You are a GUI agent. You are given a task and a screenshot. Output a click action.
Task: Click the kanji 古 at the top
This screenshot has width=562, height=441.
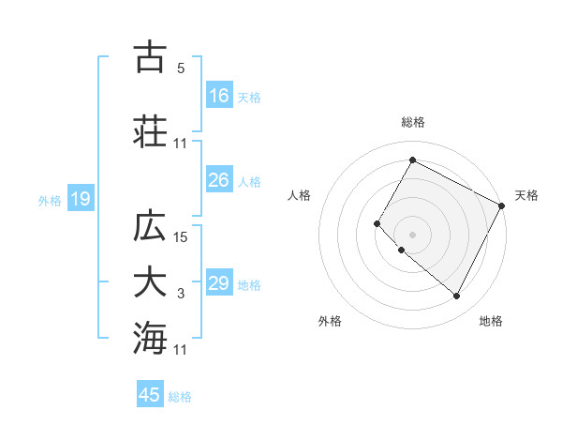tap(150, 57)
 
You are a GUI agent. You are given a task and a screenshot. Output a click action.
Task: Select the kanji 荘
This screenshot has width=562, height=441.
tap(150, 131)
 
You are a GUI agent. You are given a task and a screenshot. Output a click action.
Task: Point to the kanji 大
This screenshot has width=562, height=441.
tap(150, 282)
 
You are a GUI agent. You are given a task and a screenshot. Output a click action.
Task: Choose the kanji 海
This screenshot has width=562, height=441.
tap(150, 338)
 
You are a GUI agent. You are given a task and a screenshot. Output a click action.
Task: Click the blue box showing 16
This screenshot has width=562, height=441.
tap(219, 95)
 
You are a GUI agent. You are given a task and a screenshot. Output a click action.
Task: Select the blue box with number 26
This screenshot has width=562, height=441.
tap(219, 180)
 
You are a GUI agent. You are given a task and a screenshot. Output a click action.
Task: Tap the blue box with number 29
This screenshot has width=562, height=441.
tap(219, 283)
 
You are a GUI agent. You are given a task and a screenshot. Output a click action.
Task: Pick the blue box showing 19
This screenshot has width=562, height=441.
tap(80, 199)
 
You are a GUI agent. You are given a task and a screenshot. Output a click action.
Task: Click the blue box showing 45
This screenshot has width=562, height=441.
tap(150, 395)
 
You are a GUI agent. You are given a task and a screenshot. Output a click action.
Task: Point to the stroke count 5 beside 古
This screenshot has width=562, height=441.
tap(181, 68)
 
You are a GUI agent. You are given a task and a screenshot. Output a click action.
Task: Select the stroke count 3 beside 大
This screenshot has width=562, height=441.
tap(181, 294)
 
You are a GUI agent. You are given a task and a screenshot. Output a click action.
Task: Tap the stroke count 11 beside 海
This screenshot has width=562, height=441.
tap(181, 350)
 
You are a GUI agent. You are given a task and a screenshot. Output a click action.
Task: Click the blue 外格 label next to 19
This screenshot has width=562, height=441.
tap(50, 200)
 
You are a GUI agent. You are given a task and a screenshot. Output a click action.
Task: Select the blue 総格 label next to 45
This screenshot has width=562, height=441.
tap(181, 397)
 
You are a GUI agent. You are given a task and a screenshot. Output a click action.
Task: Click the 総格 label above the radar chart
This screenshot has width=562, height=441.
tap(412, 122)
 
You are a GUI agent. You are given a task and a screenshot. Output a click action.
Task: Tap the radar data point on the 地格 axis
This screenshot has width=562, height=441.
tap(457, 297)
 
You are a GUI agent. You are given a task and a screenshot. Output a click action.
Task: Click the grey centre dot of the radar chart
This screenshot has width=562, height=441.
tap(412, 234)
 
